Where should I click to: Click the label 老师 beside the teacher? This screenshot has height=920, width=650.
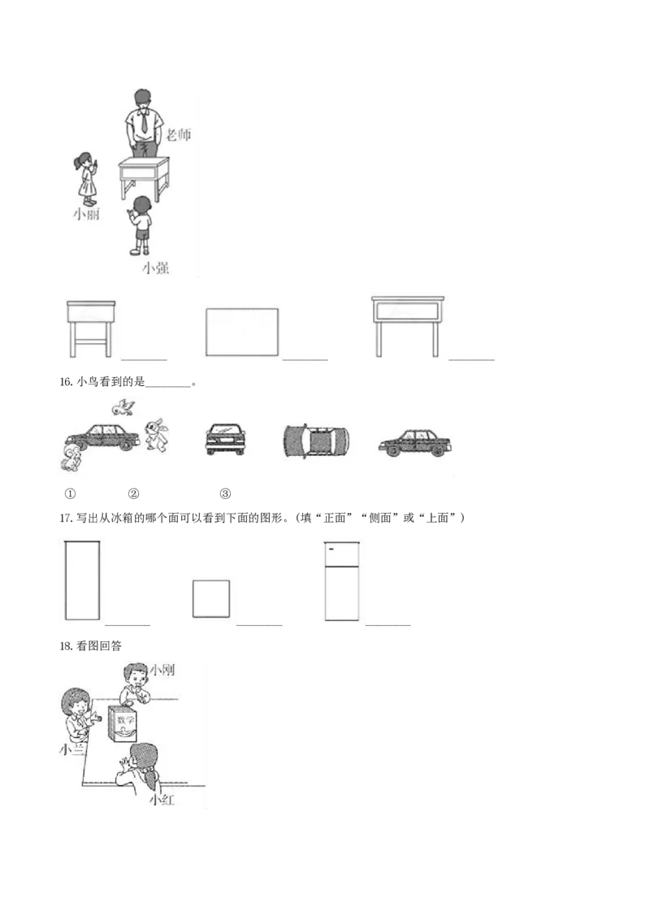(178, 134)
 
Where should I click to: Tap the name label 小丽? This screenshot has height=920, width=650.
(86, 214)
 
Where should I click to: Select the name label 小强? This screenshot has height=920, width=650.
(155, 268)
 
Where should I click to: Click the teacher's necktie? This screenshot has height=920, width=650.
(144, 119)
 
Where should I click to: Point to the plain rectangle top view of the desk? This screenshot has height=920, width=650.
(241, 332)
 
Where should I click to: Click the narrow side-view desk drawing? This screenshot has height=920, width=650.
(91, 328)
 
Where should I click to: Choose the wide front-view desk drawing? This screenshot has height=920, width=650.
(408, 326)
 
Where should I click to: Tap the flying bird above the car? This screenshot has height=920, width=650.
(123, 406)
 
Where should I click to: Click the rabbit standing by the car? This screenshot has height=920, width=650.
(157, 435)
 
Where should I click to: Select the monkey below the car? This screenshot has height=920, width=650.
(70, 458)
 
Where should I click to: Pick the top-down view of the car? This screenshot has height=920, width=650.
(316, 441)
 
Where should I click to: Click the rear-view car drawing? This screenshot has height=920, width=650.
(225, 439)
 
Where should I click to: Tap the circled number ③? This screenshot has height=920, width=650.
(225, 493)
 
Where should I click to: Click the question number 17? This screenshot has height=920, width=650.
(66, 518)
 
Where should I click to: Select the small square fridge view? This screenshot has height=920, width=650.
(211, 598)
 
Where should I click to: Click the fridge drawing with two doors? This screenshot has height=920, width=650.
(342, 581)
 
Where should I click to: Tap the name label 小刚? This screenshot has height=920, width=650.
(162, 670)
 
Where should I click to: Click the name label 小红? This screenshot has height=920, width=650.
(162, 800)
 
